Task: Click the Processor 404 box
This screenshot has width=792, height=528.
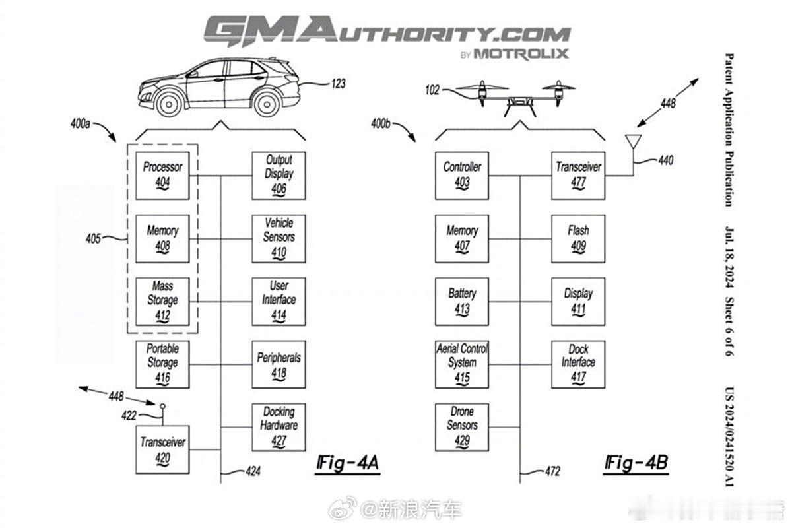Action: coord(162,176)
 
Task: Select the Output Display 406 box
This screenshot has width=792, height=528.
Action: coord(279,176)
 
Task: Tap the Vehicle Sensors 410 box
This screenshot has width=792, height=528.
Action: coord(279,239)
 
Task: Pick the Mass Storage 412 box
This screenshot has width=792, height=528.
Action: coord(162,302)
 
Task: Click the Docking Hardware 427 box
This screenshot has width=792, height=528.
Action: coord(279,427)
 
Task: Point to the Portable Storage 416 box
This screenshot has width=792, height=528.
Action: coord(162,364)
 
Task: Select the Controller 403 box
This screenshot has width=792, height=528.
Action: coord(462,176)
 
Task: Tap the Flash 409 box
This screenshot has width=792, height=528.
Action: coord(578,239)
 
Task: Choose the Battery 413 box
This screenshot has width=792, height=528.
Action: coord(462,302)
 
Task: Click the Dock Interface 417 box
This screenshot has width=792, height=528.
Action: coord(578,364)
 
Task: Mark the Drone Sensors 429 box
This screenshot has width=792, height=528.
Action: coord(462,427)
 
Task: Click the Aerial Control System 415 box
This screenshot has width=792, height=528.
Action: coord(462,364)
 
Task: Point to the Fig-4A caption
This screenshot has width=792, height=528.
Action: coord(348,464)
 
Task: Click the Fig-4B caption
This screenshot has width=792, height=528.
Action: coord(636,464)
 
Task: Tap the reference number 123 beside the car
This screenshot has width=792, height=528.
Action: coord(339,84)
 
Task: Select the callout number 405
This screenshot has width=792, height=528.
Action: coord(93,238)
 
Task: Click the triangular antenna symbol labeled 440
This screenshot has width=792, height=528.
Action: coord(633,141)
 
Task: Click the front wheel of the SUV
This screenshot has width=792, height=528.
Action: coord(169,104)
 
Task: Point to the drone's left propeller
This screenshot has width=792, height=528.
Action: coord(482,87)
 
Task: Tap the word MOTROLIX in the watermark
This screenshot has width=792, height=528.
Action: coord(521,54)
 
